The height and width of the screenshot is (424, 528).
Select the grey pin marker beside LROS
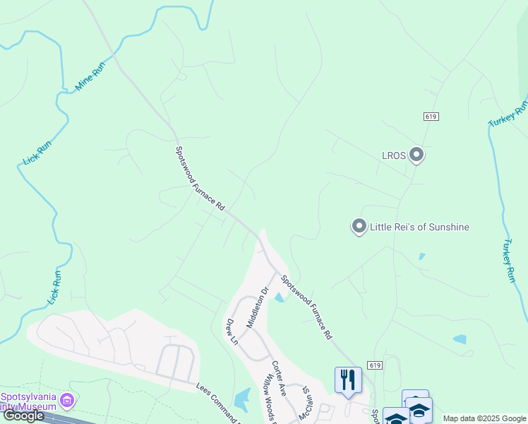click(416, 154)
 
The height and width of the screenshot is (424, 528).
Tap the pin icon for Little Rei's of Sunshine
click(359, 226)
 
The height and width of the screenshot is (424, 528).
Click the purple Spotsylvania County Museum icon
click(67, 401)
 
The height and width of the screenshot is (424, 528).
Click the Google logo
click(23, 416)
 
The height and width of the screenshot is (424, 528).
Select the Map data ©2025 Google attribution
click(484, 418)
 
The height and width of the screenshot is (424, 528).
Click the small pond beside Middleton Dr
click(280, 298)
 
